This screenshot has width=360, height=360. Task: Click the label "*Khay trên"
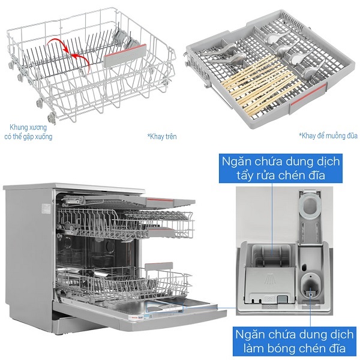[162, 137]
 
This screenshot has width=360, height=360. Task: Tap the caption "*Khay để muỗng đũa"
[328, 136]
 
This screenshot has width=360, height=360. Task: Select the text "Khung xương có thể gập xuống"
[28, 132]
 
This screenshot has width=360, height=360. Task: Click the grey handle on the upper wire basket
[125, 55]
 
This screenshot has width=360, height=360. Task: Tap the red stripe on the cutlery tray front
[308, 94]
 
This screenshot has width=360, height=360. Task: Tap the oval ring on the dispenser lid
[310, 205]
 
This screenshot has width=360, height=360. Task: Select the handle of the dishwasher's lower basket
[158, 267]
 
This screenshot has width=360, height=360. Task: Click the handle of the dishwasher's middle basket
[161, 232]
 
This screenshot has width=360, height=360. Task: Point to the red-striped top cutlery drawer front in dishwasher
[170, 202]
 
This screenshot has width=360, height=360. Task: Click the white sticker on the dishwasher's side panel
[46, 209]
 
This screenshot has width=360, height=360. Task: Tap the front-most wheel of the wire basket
[51, 119]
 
